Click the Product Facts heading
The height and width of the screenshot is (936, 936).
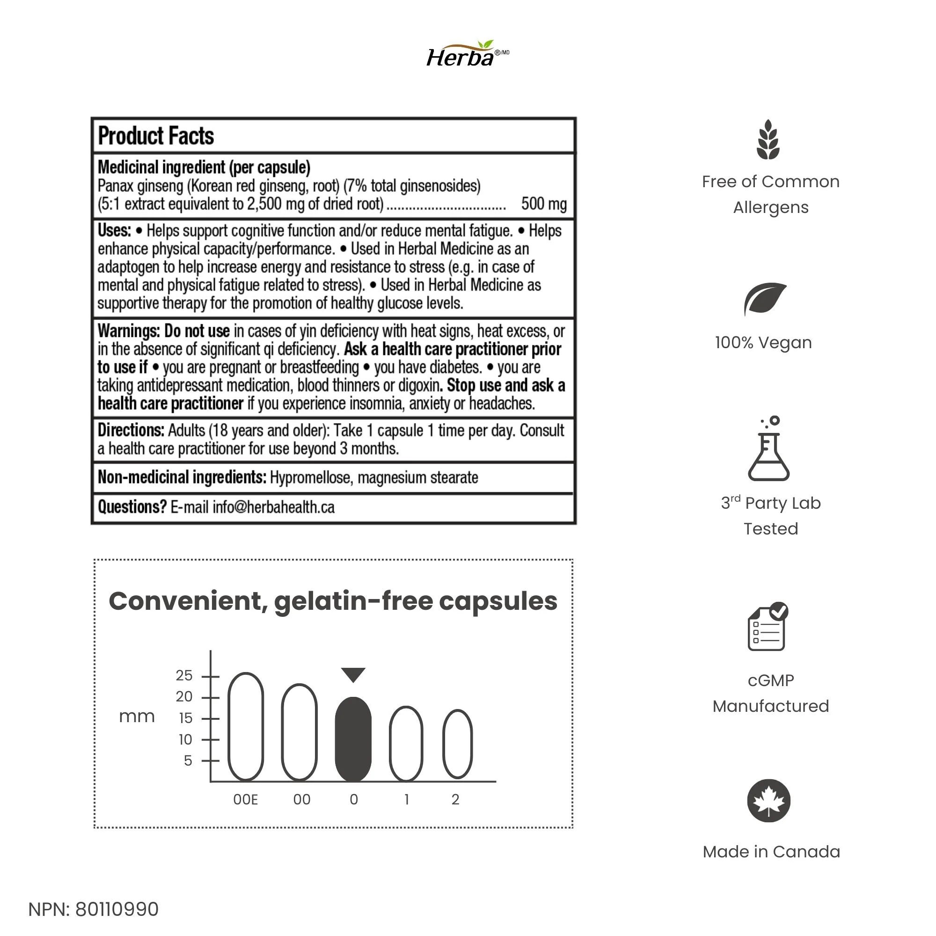[155, 136]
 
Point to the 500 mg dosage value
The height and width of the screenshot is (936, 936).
[543, 204]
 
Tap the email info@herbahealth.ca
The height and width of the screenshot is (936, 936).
[273, 507]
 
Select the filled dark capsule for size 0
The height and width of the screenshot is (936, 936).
[353, 739]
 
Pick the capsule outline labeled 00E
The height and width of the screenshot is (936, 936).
[246, 727]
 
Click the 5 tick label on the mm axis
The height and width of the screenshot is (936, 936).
[188, 761]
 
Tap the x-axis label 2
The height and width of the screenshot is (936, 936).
[455, 800]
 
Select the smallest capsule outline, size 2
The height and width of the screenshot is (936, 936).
[457, 744]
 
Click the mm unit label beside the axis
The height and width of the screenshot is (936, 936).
[137, 717]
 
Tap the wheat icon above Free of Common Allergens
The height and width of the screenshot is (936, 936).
[768, 139]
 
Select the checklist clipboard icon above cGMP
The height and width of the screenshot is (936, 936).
[768, 627]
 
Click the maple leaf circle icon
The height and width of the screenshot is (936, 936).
[769, 801]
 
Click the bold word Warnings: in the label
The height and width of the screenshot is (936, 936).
[128, 331]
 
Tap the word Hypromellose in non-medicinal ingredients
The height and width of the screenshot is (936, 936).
[310, 478]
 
